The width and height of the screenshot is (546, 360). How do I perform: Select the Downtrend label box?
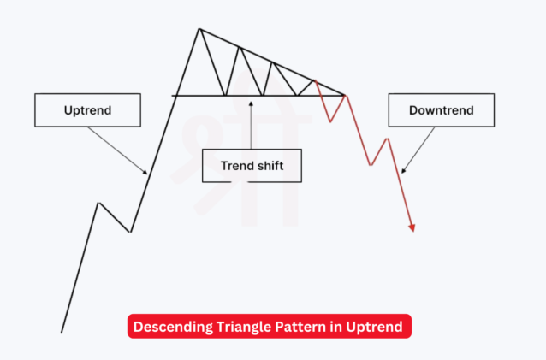[x=441, y=110]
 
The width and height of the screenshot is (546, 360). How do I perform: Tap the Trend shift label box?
[x=252, y=165]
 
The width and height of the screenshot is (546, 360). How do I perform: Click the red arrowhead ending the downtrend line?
[x=412, y=228]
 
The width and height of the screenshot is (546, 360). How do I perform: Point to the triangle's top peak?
[x=199, y=29]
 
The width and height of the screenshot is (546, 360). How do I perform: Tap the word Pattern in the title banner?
[x=300, y=326]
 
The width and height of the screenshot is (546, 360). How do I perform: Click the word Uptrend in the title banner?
[x=377, y=326]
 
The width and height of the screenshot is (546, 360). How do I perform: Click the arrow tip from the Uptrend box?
[x=147, y=174]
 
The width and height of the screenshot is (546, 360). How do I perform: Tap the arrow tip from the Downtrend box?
[x=401, y=172]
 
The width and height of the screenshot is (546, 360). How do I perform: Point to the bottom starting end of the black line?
[x=62, y=332]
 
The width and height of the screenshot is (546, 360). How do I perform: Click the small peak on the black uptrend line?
[x=98, y=203]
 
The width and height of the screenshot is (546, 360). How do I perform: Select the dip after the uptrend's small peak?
[x=130, y=231]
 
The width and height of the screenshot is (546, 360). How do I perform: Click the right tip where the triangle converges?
[x=346, y=95]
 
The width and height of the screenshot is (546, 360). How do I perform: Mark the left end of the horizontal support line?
[x=173, y=95]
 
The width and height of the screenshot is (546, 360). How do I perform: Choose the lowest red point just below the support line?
[x=330, y=121]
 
